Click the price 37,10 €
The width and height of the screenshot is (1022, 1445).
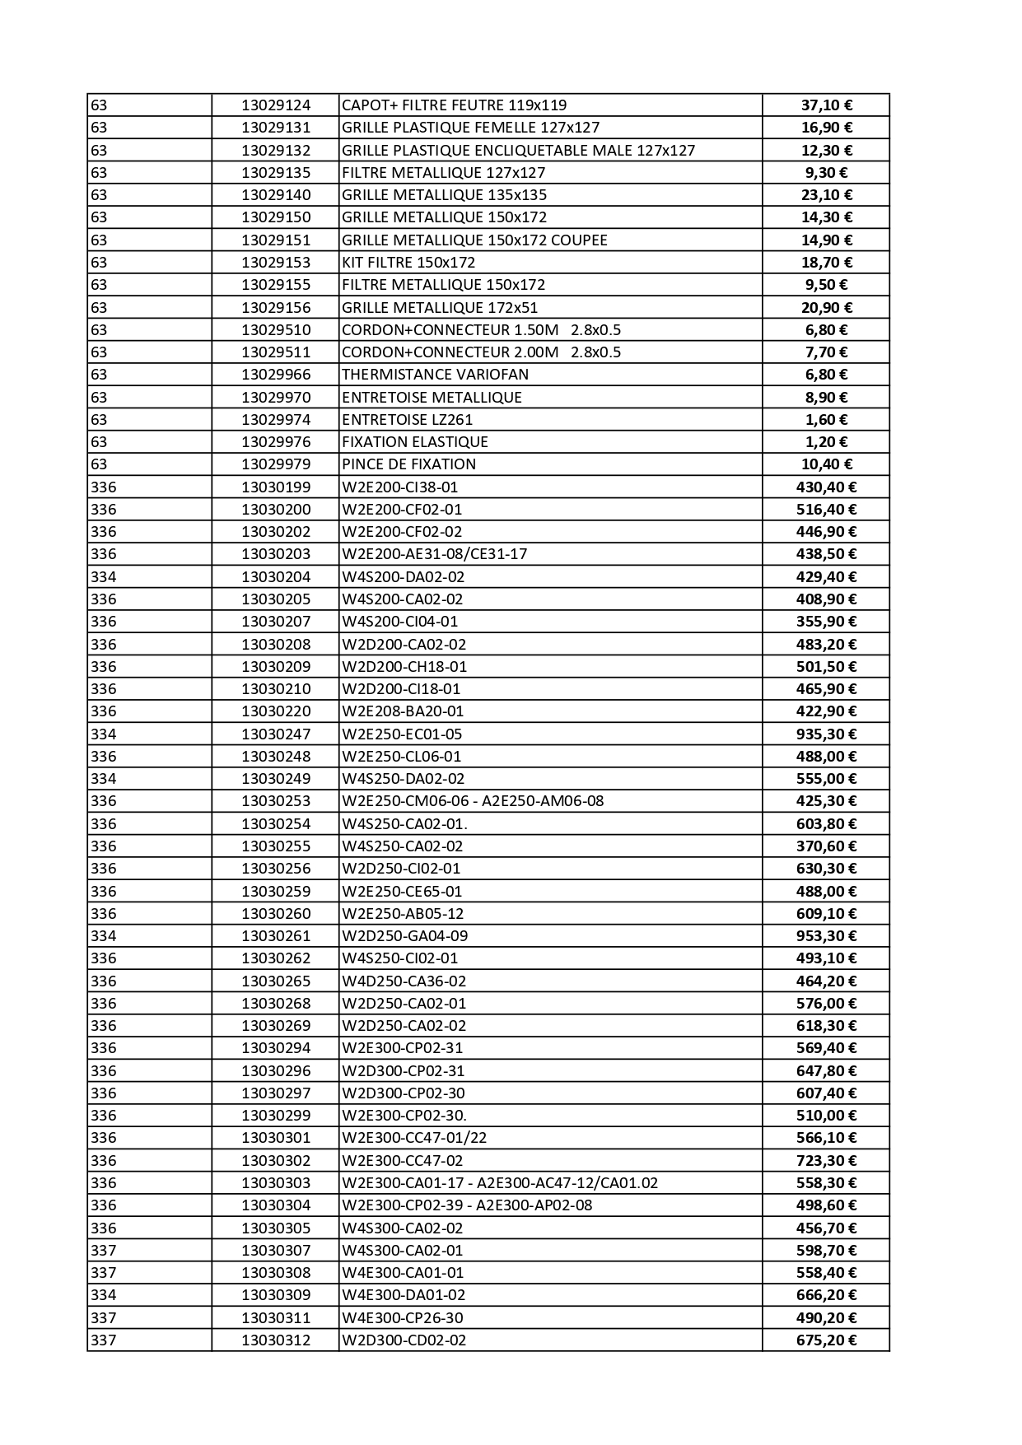[826, 105]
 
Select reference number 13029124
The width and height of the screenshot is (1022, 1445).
[276, 105]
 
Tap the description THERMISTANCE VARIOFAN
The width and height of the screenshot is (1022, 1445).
[435, 375]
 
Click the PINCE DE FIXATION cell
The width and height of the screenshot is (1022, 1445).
[408, 464]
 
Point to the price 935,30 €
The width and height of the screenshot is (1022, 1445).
[826, 734]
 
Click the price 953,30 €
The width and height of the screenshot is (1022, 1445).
[826, 936]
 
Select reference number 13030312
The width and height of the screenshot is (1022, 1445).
[276, 1340]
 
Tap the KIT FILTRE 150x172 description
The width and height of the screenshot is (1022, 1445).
[408, 263]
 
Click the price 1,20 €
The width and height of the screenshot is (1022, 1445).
[826, 442]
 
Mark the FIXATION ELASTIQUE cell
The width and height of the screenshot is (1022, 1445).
[414, 442]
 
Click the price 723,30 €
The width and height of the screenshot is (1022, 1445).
[826, 1161]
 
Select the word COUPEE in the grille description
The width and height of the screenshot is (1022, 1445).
[580, 240]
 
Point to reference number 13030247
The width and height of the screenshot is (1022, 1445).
[276, 734]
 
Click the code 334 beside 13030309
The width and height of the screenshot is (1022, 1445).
[103, 1295]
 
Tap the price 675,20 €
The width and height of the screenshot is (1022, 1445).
[826, 1340]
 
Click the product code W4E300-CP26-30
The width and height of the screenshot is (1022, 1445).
[402, 1318]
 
